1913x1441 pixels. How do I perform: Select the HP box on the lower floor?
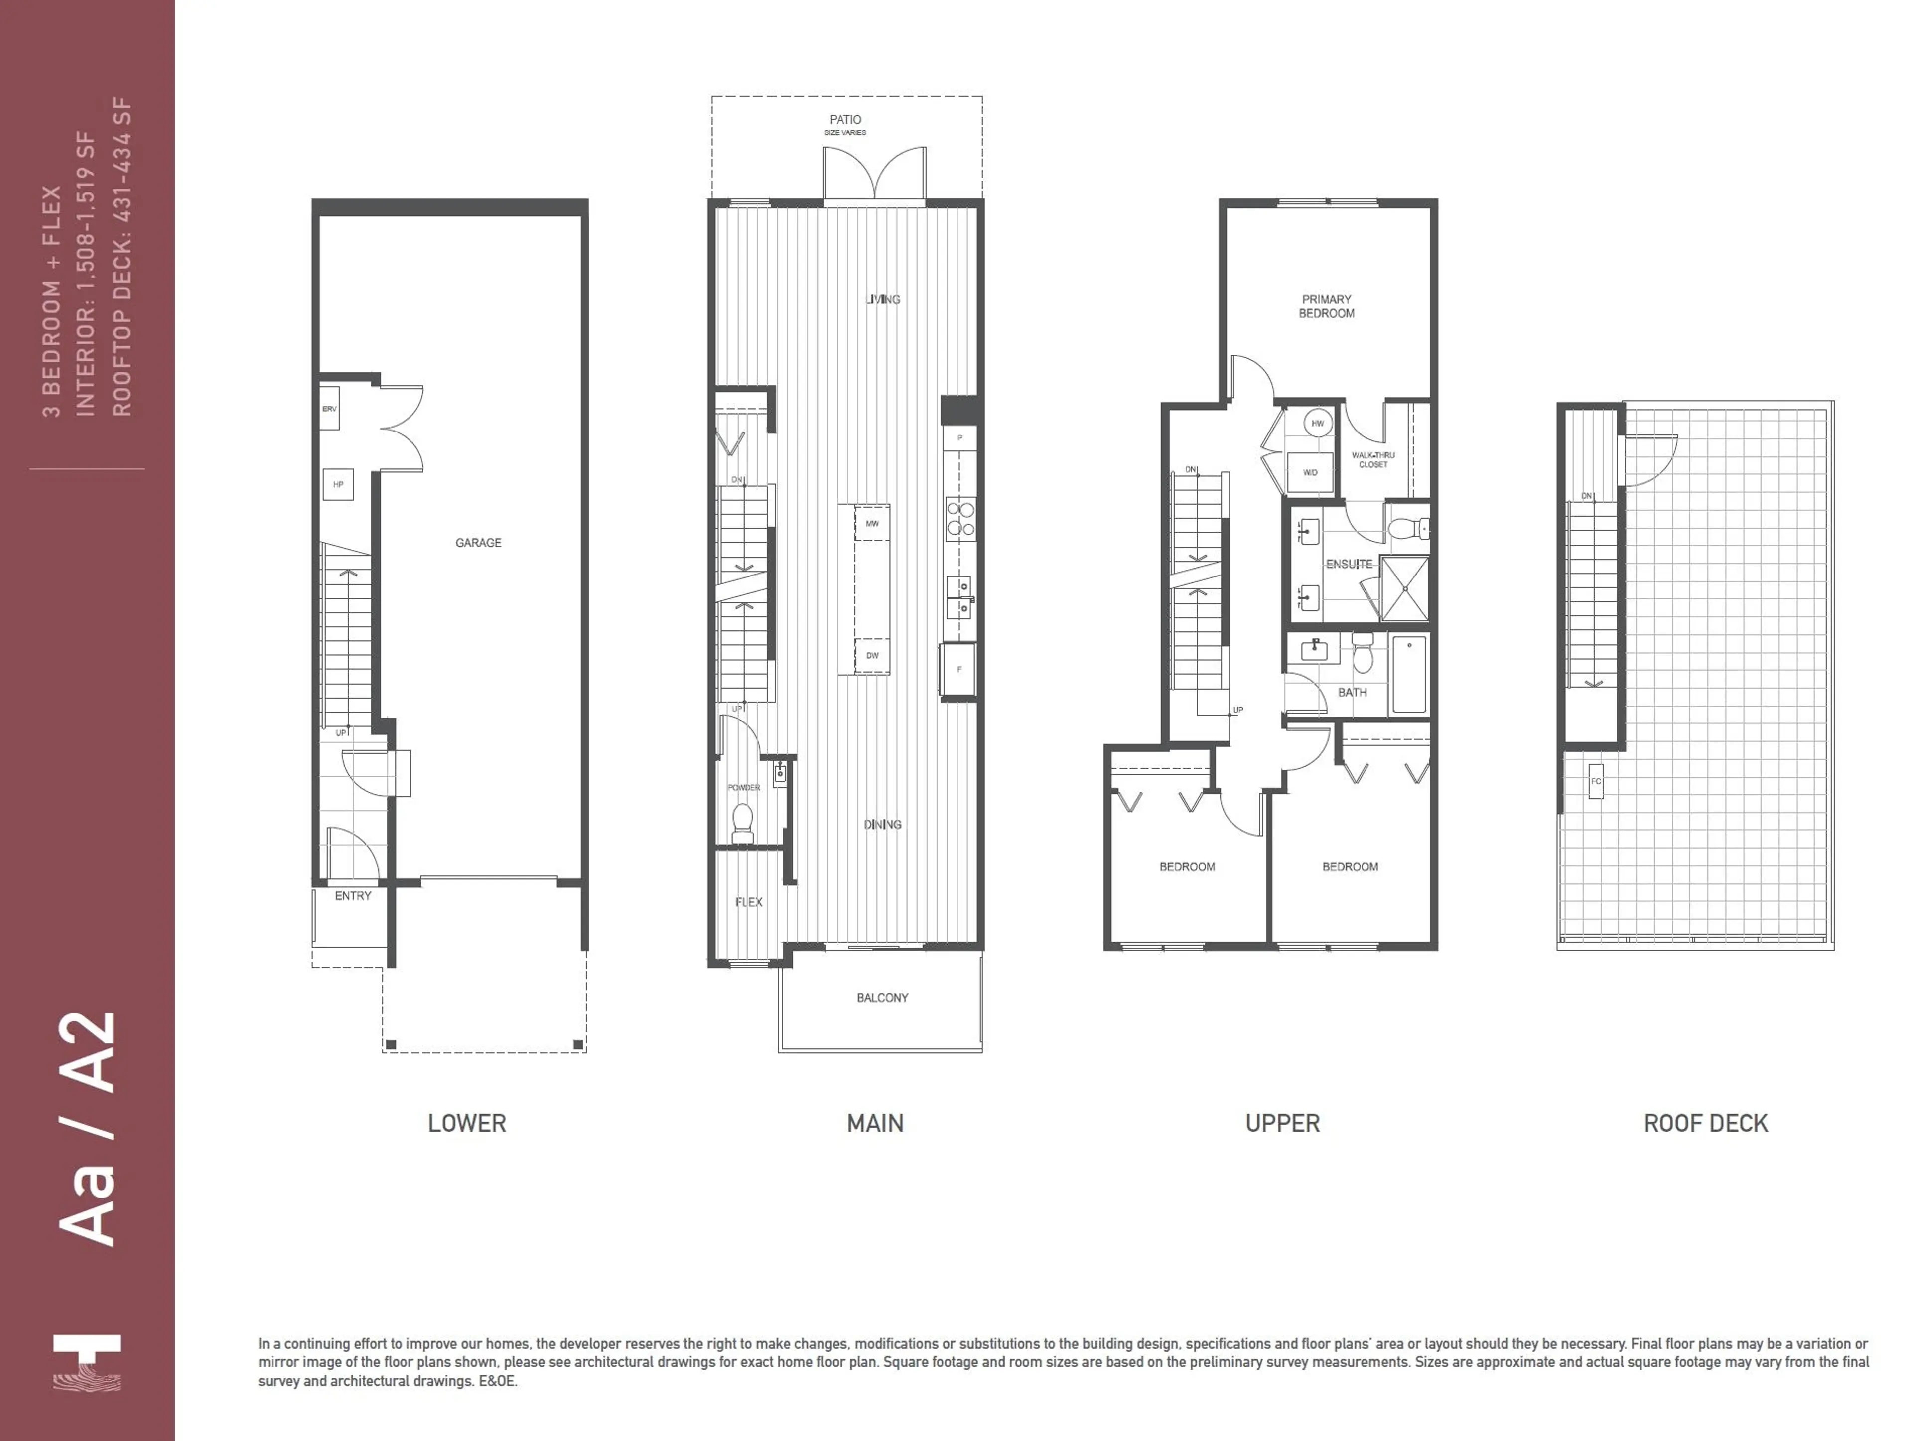coord(338,484)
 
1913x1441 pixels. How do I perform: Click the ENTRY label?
coord(353,896)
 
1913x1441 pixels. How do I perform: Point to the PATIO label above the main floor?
coord(845,120)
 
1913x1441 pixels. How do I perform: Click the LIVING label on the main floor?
coord(883,300)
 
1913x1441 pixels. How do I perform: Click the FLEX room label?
coord(749,902)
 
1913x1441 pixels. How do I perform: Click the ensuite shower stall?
coord(1404,589)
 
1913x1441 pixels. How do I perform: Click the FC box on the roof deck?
coord(1596,782)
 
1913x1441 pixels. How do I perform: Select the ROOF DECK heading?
coord(1705,1124)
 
